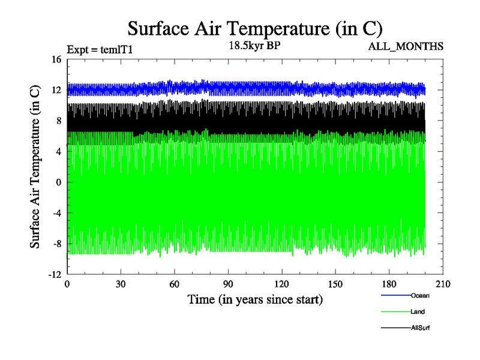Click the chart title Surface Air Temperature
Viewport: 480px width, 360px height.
coord(255,28)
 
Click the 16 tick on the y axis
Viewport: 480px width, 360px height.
coord(56,59)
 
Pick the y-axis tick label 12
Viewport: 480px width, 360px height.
coord(56,90)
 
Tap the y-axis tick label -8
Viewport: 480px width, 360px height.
coord(56,244)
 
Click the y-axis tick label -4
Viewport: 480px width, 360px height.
coord(56,213)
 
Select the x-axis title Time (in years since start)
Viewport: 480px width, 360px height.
coord(255,299)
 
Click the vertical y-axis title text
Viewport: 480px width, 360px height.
coord(36,167)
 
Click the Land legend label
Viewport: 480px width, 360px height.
coord(418,311)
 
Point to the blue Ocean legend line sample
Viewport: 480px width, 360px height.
coord(395,295)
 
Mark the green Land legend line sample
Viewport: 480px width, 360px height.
coord(395,311)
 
